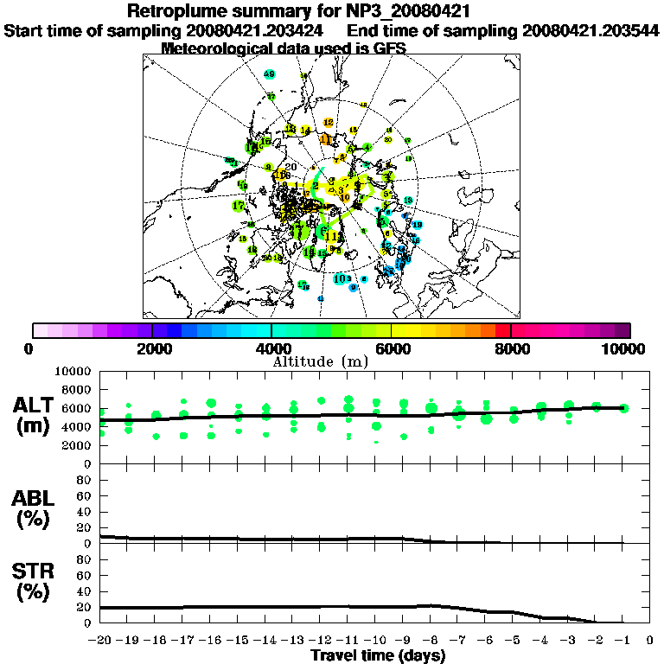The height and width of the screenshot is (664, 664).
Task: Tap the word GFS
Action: (x=390, y=48)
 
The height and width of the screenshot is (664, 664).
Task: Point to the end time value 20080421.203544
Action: (x=591, y=30)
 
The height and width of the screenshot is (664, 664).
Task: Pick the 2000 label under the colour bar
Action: (x=151, y=349)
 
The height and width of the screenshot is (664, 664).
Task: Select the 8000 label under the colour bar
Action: (x=511, y=349)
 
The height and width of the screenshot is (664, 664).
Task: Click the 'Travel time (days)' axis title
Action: (x=378, y=656)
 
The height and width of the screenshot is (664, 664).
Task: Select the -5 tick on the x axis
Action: (x=514, y=641)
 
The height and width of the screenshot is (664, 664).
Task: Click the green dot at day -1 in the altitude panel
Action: (x=624, y=408)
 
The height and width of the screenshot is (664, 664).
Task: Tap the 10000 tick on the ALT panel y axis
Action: (x=73, y=371)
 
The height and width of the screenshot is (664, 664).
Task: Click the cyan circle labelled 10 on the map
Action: (x=339, y=278)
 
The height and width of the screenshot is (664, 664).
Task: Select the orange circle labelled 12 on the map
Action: (x=328, y=123)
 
